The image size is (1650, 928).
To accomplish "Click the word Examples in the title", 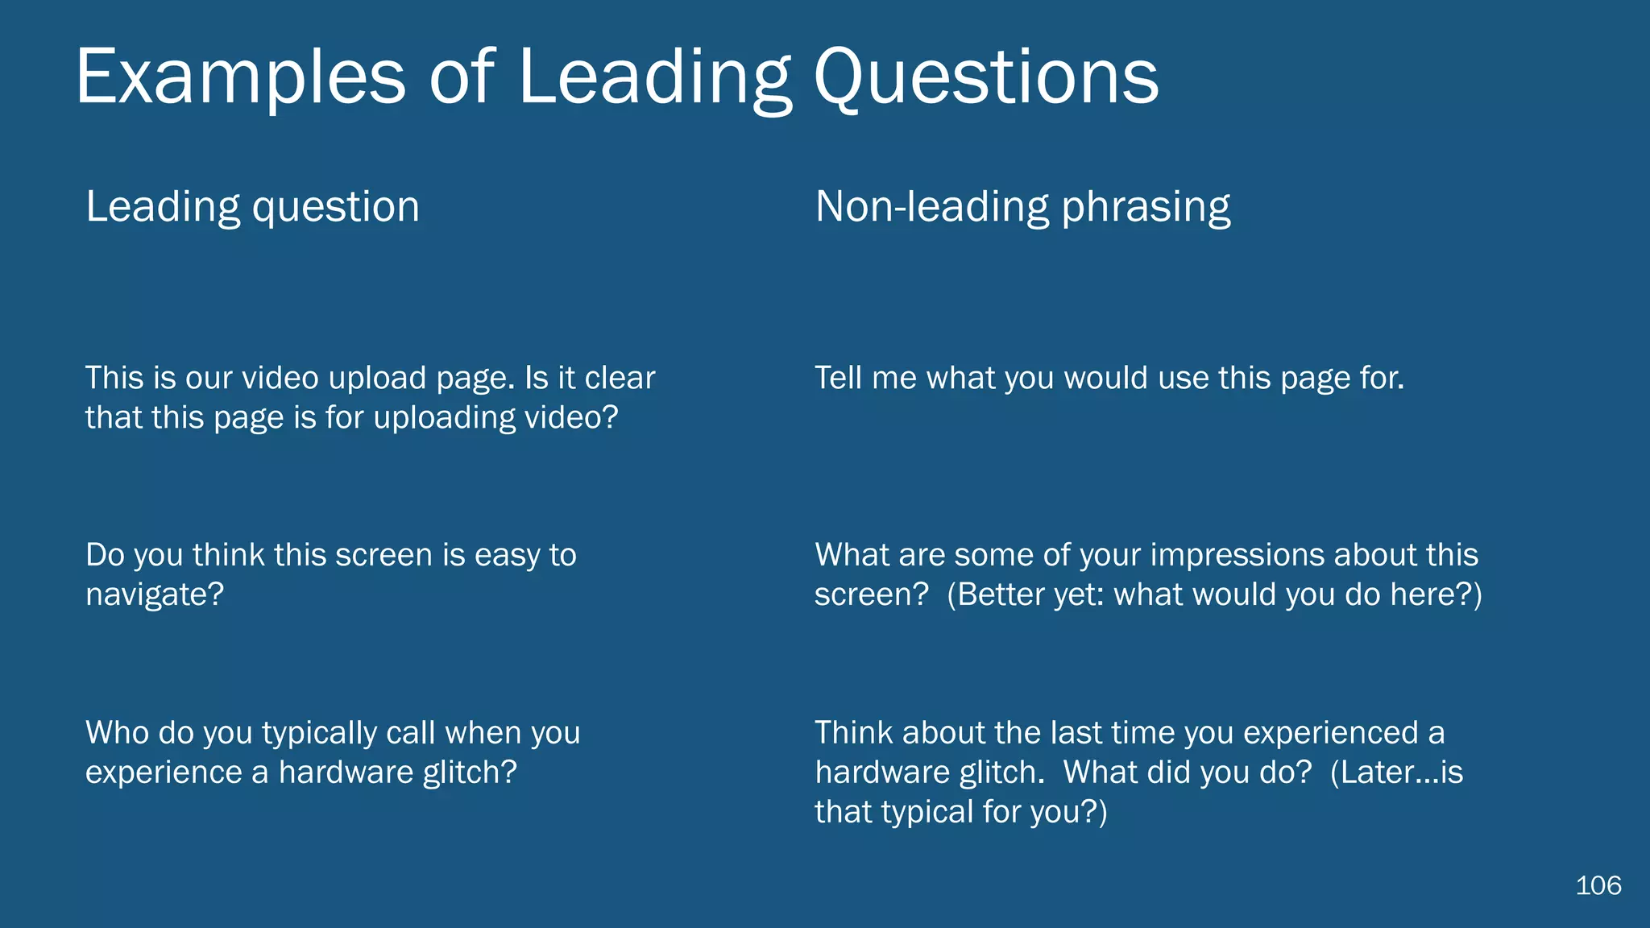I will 240,77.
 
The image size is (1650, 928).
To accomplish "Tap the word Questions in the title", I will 986,77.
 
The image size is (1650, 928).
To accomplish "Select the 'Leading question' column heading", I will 252,207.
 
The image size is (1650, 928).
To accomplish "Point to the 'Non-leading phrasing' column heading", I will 1022,207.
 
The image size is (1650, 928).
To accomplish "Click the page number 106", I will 1598,885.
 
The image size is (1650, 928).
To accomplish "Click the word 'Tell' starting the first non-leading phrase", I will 838,378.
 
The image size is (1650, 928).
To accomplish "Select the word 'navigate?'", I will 155,595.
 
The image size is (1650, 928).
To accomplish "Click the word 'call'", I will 411,733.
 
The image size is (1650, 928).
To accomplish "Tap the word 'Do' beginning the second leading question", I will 105,556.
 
